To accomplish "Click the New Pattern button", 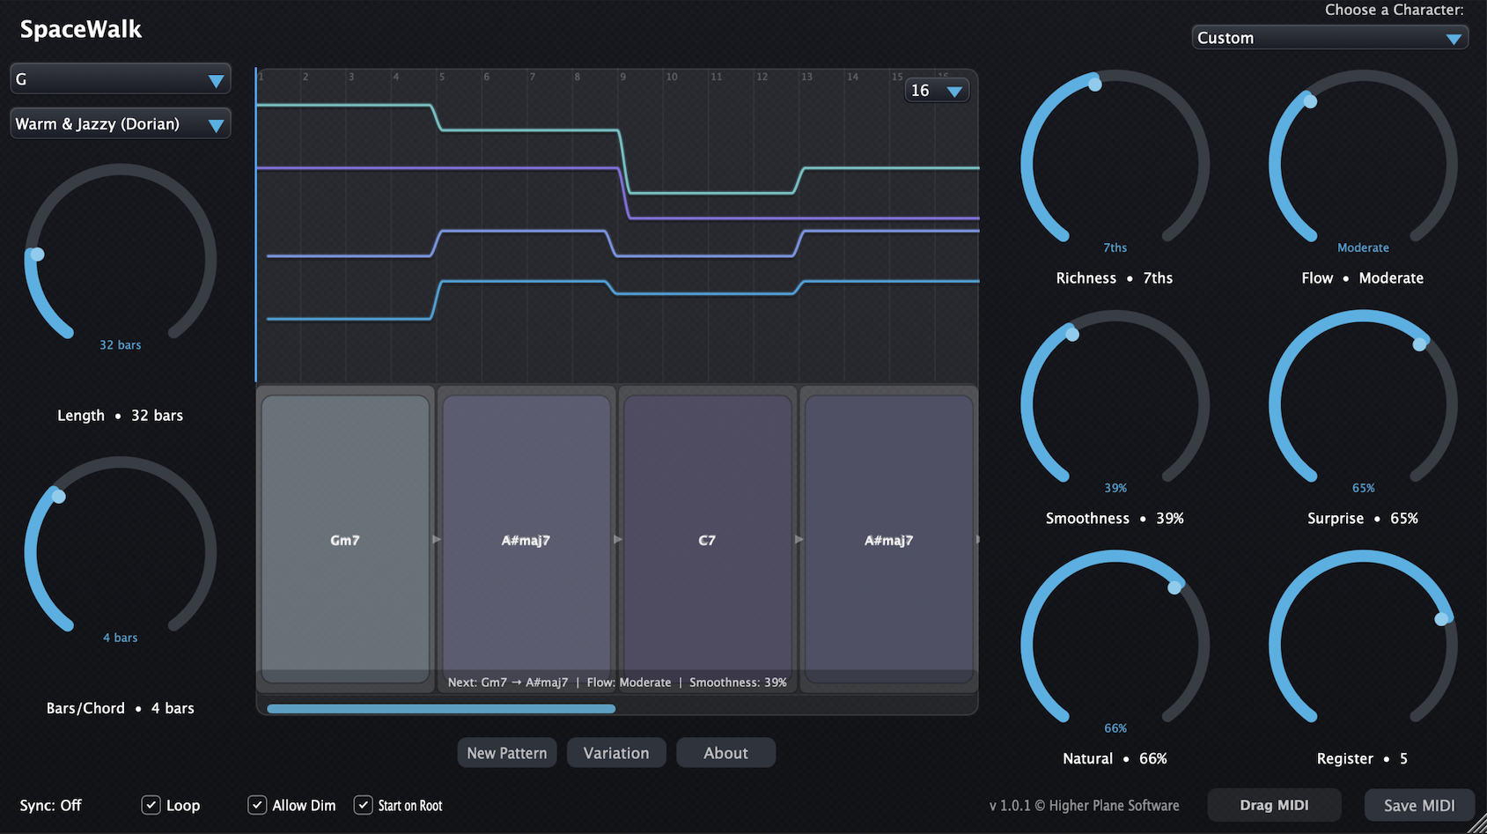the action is coord(506,752).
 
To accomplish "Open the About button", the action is coord(725,752).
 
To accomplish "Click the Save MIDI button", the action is coord(1419,805).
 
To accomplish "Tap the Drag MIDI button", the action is coord(1274,805).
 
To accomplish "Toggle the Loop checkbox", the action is coord(151,805).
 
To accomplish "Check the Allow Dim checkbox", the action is coord(257,805).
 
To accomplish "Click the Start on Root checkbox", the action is coord(363,805).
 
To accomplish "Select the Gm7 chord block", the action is coord(345,539).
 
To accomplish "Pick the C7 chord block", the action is coord(707,539).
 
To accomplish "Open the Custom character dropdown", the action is coord(1329,38).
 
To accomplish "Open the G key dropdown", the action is coord(120,79).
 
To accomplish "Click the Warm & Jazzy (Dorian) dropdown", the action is coord(120,124).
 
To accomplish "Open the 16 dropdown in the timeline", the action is coord(937,91).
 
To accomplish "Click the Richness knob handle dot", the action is coord(1094,85).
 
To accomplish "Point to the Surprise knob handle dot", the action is coord(1419,344).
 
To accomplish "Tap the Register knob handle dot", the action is coord(1441,619).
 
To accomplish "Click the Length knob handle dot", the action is coord(37,255).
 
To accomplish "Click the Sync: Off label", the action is coord(50,806).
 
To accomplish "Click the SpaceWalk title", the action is coord(80,29).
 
